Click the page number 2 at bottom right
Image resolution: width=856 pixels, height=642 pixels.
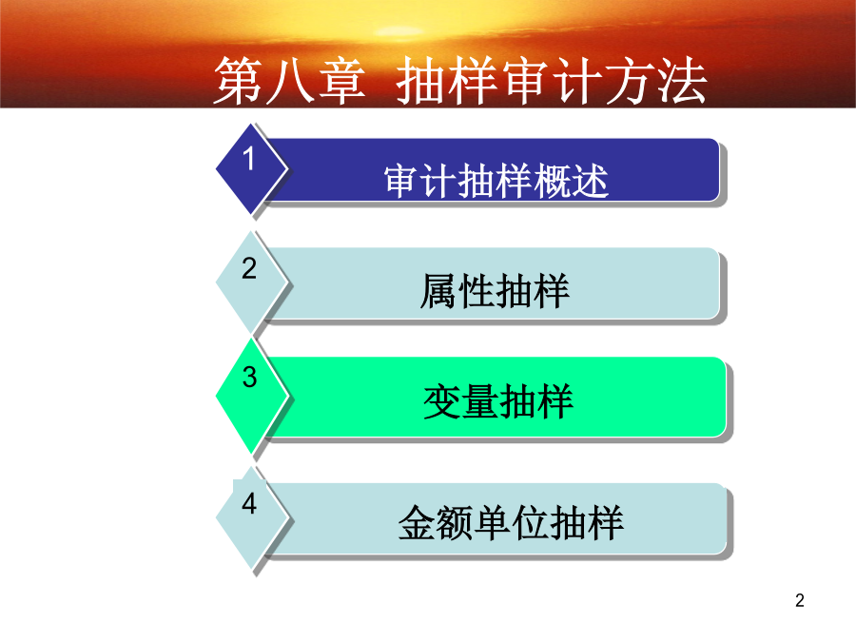point(800,600)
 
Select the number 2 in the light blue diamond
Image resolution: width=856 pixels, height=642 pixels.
point(249,268)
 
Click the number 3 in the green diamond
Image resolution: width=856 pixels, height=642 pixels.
point(249,377)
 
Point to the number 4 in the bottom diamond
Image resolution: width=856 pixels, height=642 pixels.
point(249,503)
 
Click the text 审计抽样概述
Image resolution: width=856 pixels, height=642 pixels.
point(496,181)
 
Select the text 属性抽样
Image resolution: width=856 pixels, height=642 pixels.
point(495,291)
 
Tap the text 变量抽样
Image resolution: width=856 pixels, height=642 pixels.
point(497,401)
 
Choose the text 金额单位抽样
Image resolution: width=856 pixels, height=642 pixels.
point(511,523)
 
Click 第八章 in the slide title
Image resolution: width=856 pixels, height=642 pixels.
point(289,81)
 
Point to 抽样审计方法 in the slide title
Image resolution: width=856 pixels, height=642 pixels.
point(552,81)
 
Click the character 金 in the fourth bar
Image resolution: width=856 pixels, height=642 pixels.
point(418,523)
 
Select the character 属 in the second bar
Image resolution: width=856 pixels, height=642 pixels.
point(438,291)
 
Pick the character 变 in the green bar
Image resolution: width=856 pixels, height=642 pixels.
point(441,401)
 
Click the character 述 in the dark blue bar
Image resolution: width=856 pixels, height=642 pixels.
point(590,181)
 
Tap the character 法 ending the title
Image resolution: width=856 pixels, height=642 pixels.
point(682,81)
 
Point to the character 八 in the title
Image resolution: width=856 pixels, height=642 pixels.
point(289,82)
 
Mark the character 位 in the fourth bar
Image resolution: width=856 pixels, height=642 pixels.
point(530,523)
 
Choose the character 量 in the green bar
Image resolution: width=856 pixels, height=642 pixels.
point(479,401)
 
